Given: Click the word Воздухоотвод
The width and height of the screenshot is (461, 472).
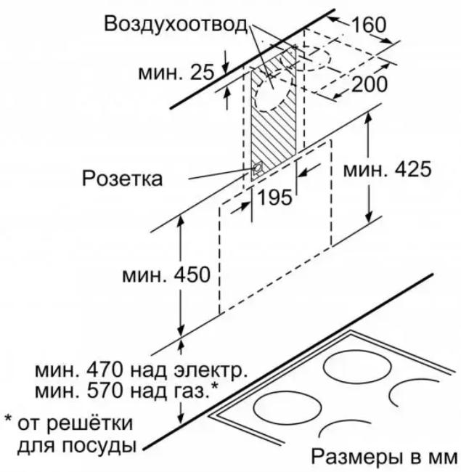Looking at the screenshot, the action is pos(176,24).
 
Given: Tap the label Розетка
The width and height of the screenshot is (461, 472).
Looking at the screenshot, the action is pos(122,179).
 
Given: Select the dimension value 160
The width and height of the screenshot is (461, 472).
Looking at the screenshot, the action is pos(369,25).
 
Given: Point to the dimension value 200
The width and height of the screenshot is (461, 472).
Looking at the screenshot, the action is pos(370,84).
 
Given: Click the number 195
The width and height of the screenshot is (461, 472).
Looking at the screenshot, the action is pos(275,198).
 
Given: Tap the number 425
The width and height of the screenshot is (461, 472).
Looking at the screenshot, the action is pos(413,169).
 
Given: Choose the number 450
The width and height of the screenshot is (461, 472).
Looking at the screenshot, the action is pos(192,274).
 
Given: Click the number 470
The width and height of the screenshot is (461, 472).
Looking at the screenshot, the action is pos(105,370).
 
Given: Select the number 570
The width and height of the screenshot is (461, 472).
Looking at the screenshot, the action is pos(105,391).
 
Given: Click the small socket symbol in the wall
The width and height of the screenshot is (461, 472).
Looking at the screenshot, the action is pos(257,168).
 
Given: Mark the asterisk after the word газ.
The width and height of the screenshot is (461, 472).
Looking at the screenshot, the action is pos(214,386).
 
